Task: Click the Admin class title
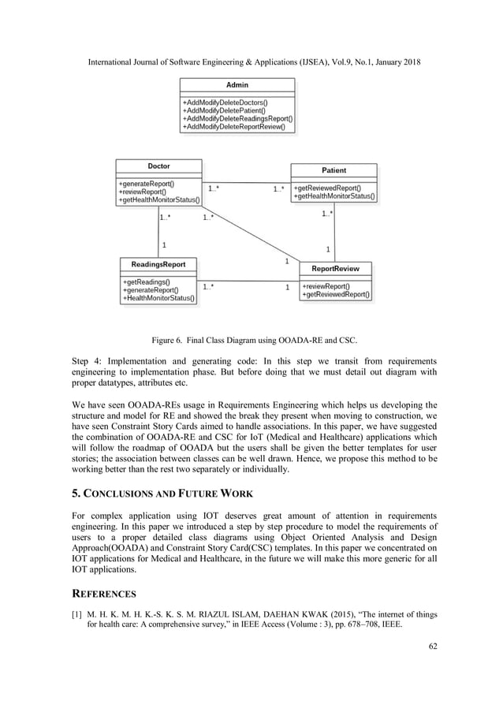(x=237, y=85)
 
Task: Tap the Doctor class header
(x=158, y=166)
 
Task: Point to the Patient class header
(x=333, y=170)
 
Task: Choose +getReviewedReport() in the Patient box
(x=327, y=188)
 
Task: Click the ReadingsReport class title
(x=158, y=264)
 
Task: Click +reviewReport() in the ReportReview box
(x=327, y=286)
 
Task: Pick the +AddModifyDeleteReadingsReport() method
(x=237, y=118)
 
